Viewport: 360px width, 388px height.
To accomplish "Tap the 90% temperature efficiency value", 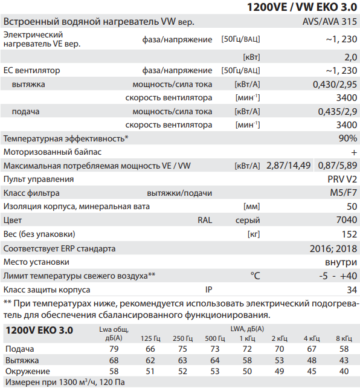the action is pyautogui.click(x=347, y=138).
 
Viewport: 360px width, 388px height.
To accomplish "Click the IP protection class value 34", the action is pyautogui.click(x=352, y=289).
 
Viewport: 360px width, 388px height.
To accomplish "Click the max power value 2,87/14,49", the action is pyautogui.click(x=288, y=165).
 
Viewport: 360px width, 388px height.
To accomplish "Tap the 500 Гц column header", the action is pyautogui.click(x=214, y=337).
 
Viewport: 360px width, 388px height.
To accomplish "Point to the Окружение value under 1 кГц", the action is pyautogui.click(x=246, y=370).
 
